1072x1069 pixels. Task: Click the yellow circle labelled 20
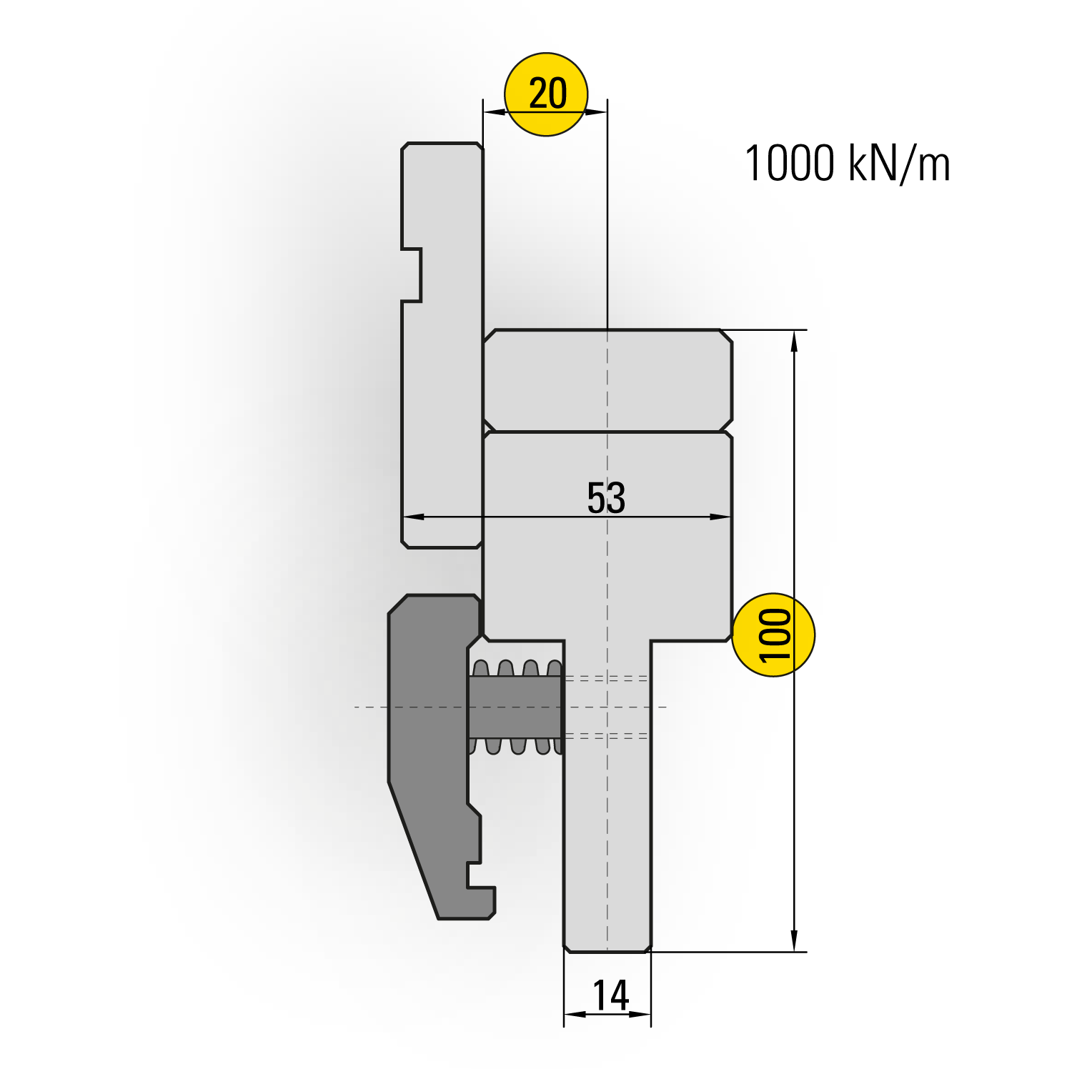coord(546,94)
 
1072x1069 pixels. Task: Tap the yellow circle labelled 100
coord(774,635)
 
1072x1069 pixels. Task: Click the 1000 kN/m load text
coord(848,163)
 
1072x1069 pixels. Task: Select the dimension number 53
coord(606,497)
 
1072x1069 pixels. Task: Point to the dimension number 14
coord(610,995)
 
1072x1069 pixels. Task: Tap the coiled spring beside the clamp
coord(516,707)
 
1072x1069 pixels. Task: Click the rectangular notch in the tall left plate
coord(412,275)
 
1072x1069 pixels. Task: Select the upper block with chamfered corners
coord(607,380)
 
